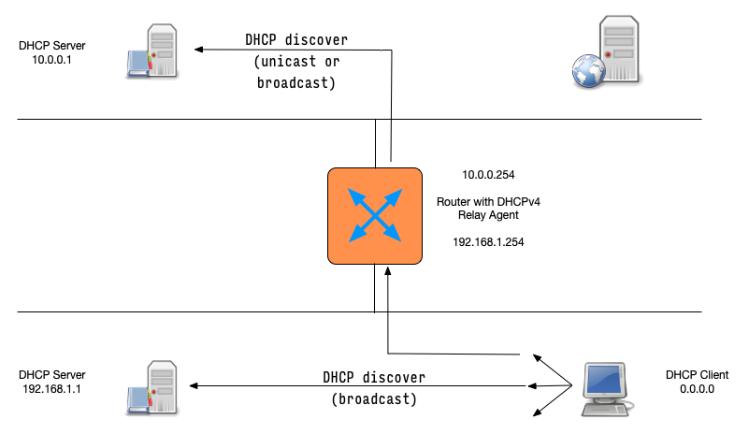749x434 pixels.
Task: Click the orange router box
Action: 374,215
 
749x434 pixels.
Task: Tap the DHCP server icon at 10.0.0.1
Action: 153,51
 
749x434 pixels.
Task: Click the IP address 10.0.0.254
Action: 488,175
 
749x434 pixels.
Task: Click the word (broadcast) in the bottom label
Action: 374,399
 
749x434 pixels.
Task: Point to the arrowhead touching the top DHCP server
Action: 197,50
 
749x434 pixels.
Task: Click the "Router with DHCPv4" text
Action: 488,201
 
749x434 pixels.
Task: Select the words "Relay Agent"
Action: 488,215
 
